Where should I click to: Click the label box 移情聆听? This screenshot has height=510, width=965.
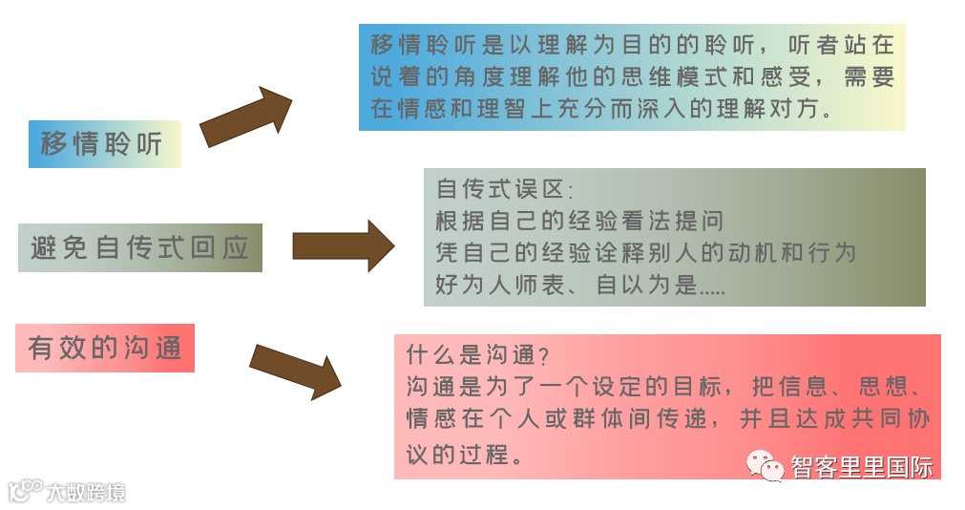point(104,144)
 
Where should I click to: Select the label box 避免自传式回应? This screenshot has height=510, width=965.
point(139,248)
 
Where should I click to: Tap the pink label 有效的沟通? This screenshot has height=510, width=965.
point(105,348)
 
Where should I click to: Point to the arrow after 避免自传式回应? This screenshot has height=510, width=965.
point(342,245)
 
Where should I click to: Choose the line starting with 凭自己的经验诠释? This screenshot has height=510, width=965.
point(645,253)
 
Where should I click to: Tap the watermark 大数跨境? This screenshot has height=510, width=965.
point(86,493)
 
